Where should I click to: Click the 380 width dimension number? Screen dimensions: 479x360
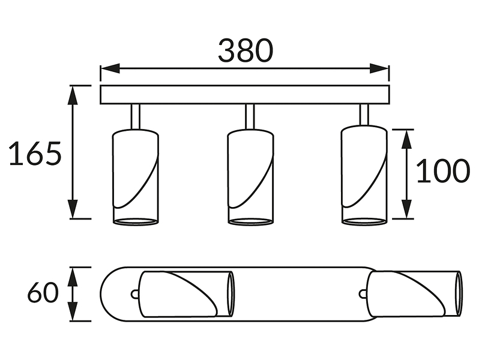(245, 50)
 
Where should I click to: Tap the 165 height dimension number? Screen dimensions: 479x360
(35, 154)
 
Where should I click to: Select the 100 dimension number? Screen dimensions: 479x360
(443, 171)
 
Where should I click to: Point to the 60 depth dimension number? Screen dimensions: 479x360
(43, 292)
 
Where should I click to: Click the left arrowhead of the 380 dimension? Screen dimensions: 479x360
(110, 69)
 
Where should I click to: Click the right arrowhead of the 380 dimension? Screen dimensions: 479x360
(379, 69)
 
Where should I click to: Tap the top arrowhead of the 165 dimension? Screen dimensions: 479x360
(73, 95)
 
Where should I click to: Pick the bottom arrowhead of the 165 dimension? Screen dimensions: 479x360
(73, 209)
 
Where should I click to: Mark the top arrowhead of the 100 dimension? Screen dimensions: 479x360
(406, 139)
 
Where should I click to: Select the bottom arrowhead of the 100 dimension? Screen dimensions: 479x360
(406, 209)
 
